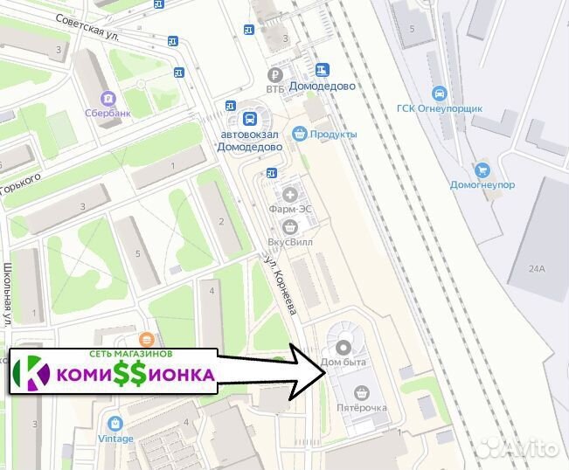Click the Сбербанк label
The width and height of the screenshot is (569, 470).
[109, 114]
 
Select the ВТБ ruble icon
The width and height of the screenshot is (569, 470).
[276, 74]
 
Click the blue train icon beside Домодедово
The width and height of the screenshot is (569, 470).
[323, 70]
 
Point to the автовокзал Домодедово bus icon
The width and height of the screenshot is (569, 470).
[250, 119]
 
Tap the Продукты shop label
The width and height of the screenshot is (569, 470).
[333, 134]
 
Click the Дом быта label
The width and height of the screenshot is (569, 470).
[342, 362]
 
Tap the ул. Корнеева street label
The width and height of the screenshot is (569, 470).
[281, 283]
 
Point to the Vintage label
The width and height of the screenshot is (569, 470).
[115, 438]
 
